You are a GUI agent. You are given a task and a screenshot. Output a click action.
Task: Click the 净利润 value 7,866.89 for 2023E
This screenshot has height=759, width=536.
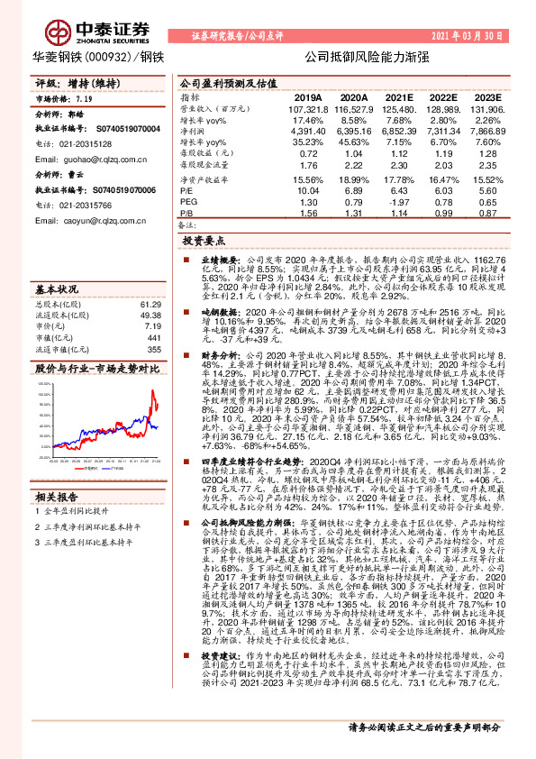(483, 132)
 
